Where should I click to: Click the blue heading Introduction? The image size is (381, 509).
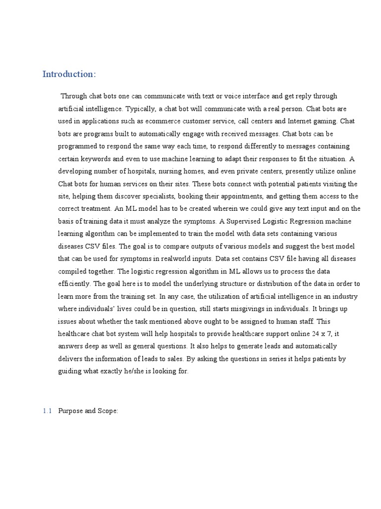point(69,74)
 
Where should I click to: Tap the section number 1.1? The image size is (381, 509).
point(47,411)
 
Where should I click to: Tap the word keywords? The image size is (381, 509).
point(93,159)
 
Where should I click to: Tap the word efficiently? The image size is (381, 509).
point(74,284)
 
